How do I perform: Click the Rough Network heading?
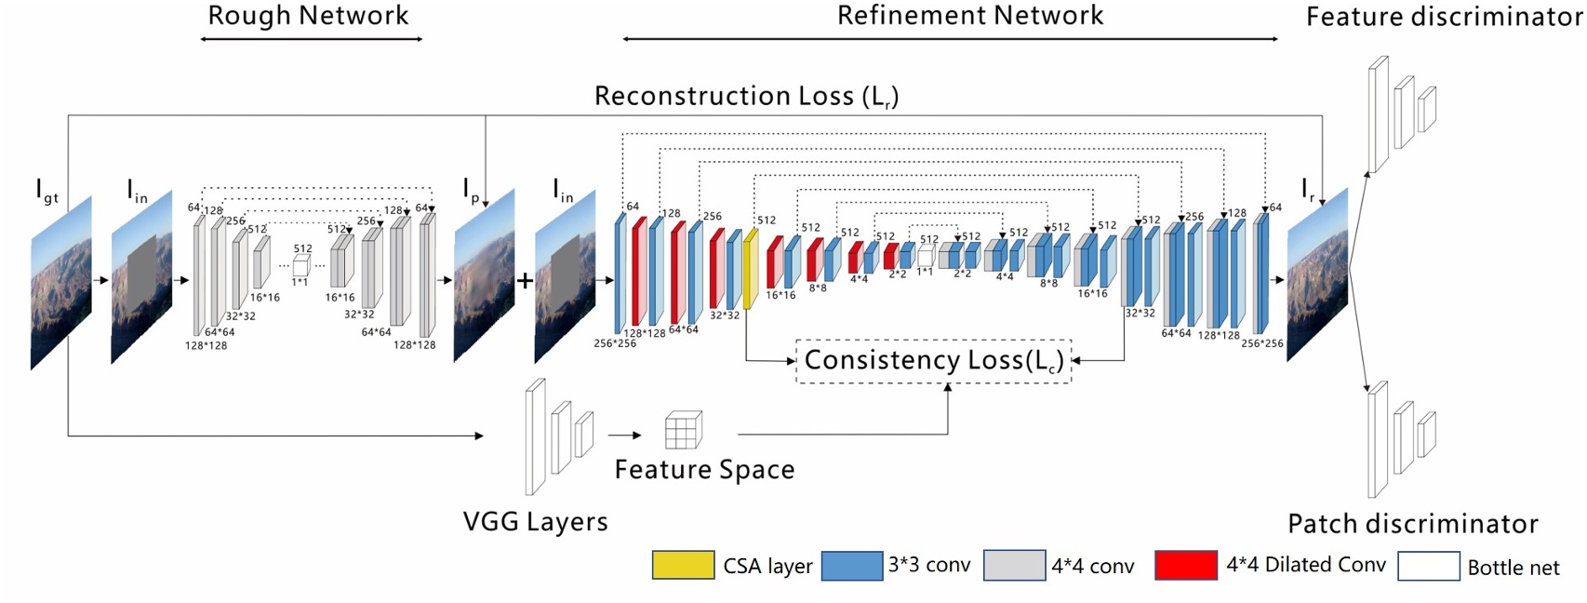pos(308,16)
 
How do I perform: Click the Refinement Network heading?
pos(969,16)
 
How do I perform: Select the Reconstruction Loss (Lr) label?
pos(746,96)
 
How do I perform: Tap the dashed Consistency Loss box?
pos(933,361)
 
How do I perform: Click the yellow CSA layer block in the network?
pos(750,269)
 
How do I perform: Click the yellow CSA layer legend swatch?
pos(683,565)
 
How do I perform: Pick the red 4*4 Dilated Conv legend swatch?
pos(1185,565)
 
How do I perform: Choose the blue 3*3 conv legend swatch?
pos(851,565)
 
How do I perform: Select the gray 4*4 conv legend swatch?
pos(1013,565)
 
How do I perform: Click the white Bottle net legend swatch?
pos(1428,566)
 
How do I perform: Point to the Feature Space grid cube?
pos(683,430)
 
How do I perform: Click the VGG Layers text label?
pos(535,521)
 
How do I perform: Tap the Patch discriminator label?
pos(1412,524)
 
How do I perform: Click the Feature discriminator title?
pos(1444,17)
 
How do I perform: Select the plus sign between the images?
pos(525,280)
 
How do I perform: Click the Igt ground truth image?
pos(61,282)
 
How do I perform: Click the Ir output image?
pos(1317,275)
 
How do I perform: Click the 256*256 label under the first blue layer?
pos(615,343)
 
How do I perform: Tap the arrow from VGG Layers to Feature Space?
pos(625,435)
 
